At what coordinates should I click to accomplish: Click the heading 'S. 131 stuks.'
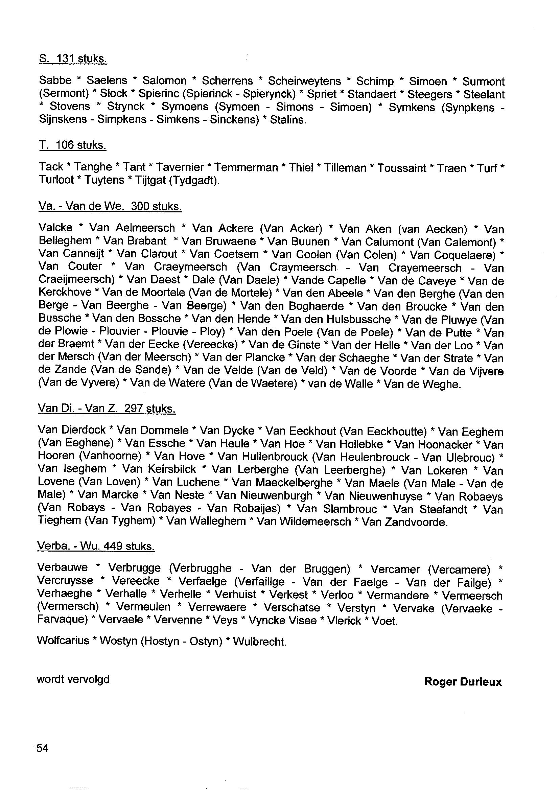coord(73,59)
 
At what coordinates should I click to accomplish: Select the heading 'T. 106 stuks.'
coord(72,145)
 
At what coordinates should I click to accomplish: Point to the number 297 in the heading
coord(134,409)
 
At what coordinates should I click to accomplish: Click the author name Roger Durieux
coord(463,682)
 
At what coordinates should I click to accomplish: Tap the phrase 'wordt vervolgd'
coord(73,679)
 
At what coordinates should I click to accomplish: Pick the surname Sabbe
coord(55,80)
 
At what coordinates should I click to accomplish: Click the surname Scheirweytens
coord(304,81)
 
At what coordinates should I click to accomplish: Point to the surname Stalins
coord(288,120)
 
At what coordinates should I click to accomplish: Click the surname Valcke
coord(55,228)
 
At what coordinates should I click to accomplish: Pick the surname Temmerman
coord(246,168)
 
